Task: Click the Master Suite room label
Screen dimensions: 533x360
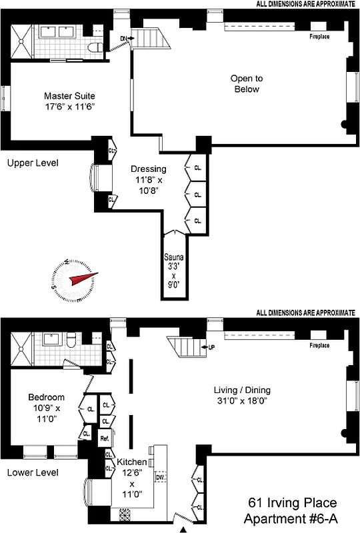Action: tap(71, 95)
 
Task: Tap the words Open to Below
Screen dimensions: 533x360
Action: tap(245, 83)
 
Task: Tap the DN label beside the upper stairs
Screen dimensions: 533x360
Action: tap(123, 39)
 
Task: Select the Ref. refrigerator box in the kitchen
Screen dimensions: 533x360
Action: tap(105, 439)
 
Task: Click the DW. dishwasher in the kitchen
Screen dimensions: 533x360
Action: tap(160, 477)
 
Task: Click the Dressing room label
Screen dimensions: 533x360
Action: tap(148, 169)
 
